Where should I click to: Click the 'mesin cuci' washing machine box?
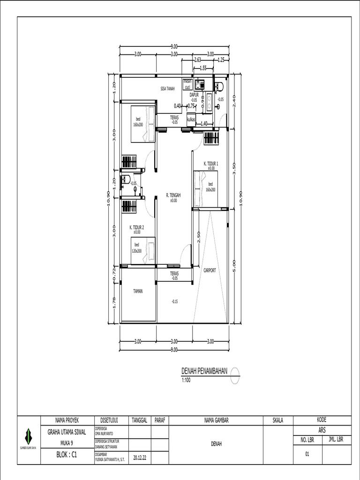click(x=187, y=84)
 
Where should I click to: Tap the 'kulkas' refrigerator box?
click(x=191, y=119)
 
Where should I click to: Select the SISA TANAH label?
click(x=167, y=88)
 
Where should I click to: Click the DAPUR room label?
click(x=195, y=95)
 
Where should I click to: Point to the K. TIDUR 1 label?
click(x=211, y=164)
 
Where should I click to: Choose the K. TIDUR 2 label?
click(x=137, y=227)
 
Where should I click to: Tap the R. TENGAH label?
click(x=173, y=195)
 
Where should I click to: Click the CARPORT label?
click(x=210, y=270)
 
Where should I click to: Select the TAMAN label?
click(x=137, y=291)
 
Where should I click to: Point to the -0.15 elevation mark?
click(x=174, y=301)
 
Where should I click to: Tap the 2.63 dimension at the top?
click(x=197, y=60)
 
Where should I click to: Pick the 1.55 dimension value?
click(x=203, y=68)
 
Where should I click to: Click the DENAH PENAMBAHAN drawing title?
click(x=204, y=371)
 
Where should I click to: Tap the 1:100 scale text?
click(x=187, y=380)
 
